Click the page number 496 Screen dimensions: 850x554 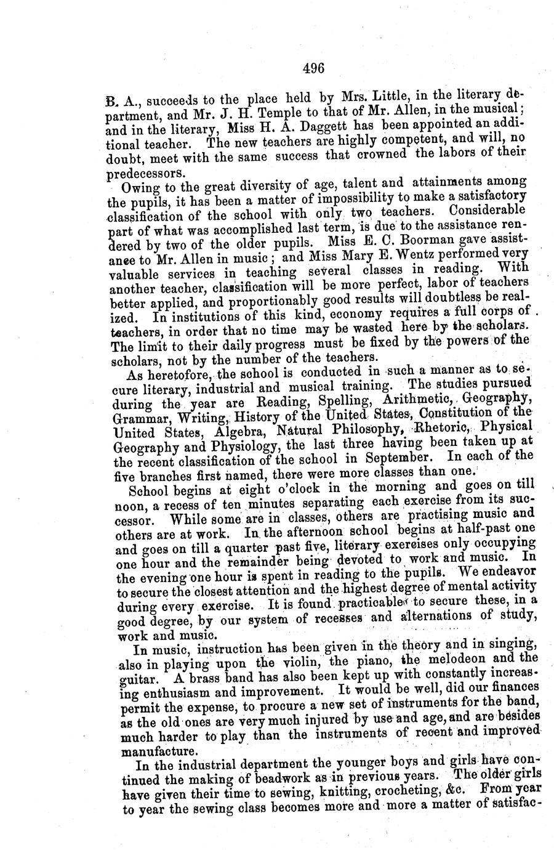(313, 68)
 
